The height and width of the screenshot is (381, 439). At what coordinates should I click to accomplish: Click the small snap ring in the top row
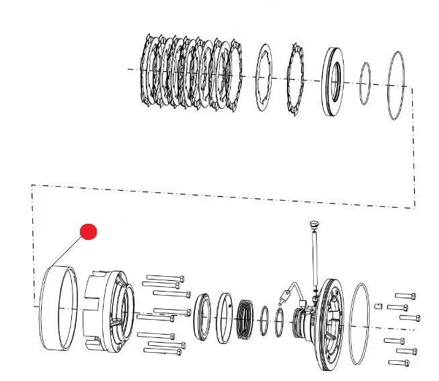[x=364, y=83]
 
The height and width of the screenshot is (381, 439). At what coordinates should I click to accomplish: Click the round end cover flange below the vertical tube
[x=333, y=323]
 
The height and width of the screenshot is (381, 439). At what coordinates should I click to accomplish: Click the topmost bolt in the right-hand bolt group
[x=406, y=295]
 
